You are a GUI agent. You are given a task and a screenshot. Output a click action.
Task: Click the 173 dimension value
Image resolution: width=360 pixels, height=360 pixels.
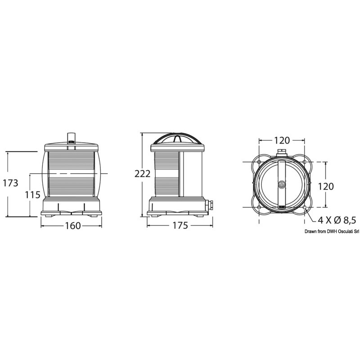[x=10, y=183]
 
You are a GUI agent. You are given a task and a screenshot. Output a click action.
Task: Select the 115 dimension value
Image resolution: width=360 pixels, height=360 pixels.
[x=32, y=195]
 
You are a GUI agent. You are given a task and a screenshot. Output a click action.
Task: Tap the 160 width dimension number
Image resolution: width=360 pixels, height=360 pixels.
[x=73, y=226]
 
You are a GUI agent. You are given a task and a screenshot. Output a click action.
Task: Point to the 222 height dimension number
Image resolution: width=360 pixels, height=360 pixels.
[x=142, y=174]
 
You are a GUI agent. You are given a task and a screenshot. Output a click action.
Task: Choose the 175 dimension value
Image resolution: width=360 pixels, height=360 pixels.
[x=180, y=225]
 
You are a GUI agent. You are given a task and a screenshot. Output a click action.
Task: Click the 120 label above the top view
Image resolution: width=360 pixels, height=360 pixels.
[x=282, y=140]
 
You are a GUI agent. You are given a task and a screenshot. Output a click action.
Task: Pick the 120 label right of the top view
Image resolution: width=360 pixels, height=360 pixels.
[x=325, y=186]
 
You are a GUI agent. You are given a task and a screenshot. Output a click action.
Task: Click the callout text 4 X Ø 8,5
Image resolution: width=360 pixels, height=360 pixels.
[x=337, y=220]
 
